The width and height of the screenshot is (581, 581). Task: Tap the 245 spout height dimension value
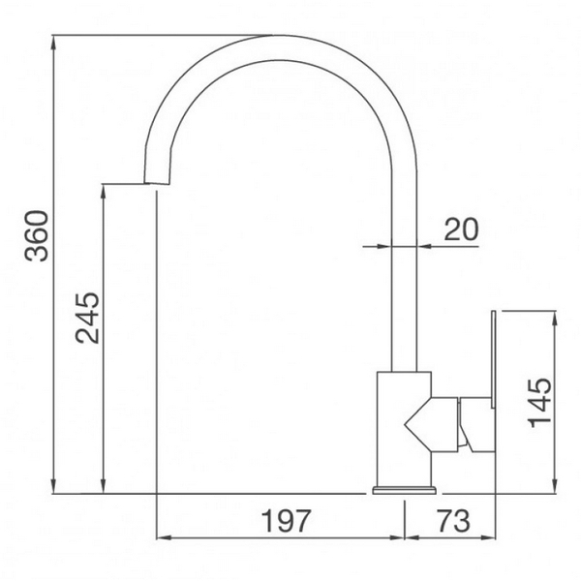[88, 318]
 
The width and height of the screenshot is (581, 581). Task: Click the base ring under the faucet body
[403, 490]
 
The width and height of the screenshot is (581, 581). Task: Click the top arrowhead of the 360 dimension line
[55, 42]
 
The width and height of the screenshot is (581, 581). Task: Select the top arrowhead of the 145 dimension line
[554, 317]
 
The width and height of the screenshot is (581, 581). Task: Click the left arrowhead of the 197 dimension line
[162, 538]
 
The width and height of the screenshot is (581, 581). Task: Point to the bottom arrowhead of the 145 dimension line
[554, 489]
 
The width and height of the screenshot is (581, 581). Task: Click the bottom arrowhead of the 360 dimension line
[55, 489]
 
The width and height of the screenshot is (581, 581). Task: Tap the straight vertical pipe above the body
[404, 290]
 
